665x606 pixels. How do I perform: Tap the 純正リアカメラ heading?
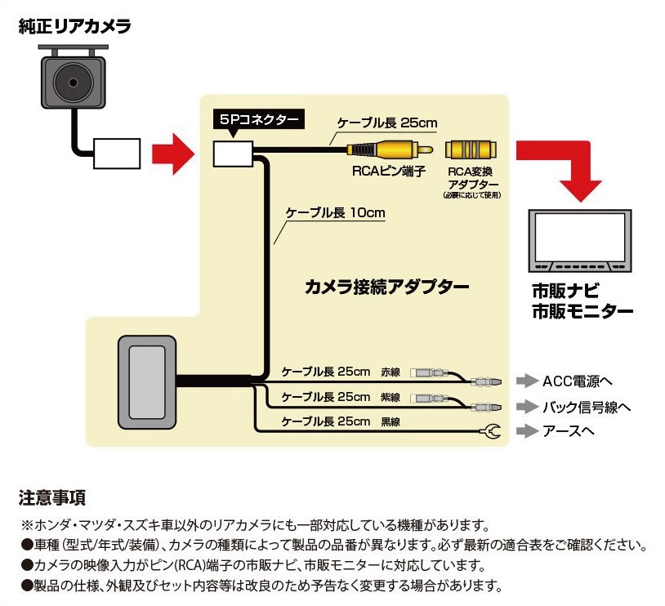74,27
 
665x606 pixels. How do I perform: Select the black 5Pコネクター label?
257,119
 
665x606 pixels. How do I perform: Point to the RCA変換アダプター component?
470,150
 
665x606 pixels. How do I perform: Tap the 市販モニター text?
582,311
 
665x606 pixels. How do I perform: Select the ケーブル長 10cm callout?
335,212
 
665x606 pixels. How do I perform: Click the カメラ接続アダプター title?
386,287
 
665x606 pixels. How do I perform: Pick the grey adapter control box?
148,381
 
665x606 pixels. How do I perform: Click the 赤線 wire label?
391,372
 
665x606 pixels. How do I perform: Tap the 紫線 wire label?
391,397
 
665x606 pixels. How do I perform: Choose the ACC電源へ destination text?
577,381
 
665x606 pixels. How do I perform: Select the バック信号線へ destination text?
586,407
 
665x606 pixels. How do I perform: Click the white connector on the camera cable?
117,152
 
